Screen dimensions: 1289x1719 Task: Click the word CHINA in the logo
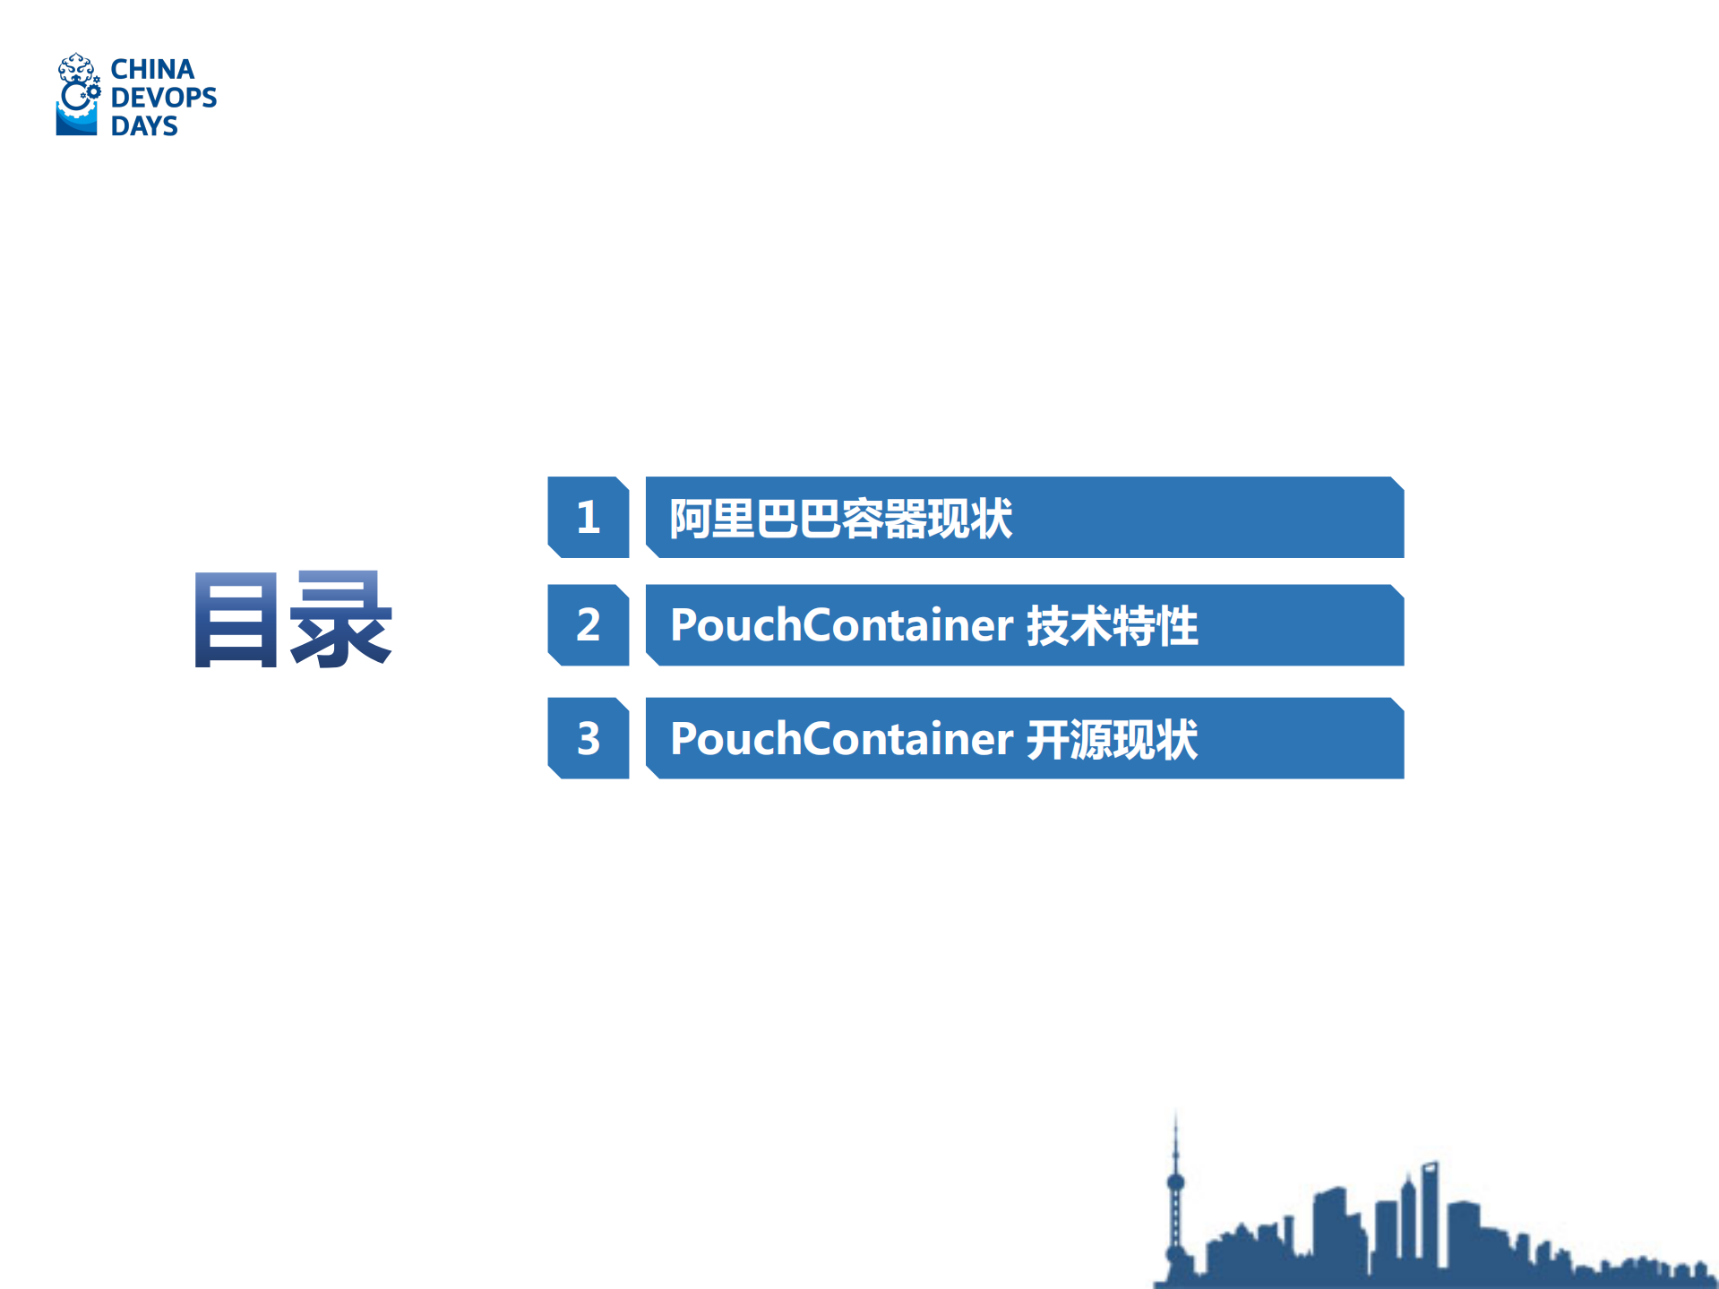tap(152, 69)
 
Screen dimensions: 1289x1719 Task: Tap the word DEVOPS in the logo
tap(164, 97)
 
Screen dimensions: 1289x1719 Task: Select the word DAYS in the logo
tap(144, 125)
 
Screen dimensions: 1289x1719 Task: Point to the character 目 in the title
tap(236, 620)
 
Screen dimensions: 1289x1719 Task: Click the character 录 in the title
tap(340, 620)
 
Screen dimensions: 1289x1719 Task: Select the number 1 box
tap(589, 517)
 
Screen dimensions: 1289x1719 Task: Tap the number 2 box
tap(589, 624)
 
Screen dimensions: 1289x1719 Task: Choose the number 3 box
tap(589, 738)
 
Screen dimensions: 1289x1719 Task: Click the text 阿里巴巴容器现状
tap(841, 518)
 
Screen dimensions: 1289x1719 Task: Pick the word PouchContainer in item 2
tap(841, 624)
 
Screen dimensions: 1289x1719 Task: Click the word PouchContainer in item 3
tap(841, 738)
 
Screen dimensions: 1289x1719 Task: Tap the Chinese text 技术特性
tap(1112, 625)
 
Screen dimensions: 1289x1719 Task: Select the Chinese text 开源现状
tap(1112, 739)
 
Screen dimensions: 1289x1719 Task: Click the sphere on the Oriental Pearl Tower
tap(1176, 1182)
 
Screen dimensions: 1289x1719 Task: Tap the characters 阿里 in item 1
tap(713, 518)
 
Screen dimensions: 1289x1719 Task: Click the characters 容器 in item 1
tap(884, 518)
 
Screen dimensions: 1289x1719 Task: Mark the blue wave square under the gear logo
tap(76, 122)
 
